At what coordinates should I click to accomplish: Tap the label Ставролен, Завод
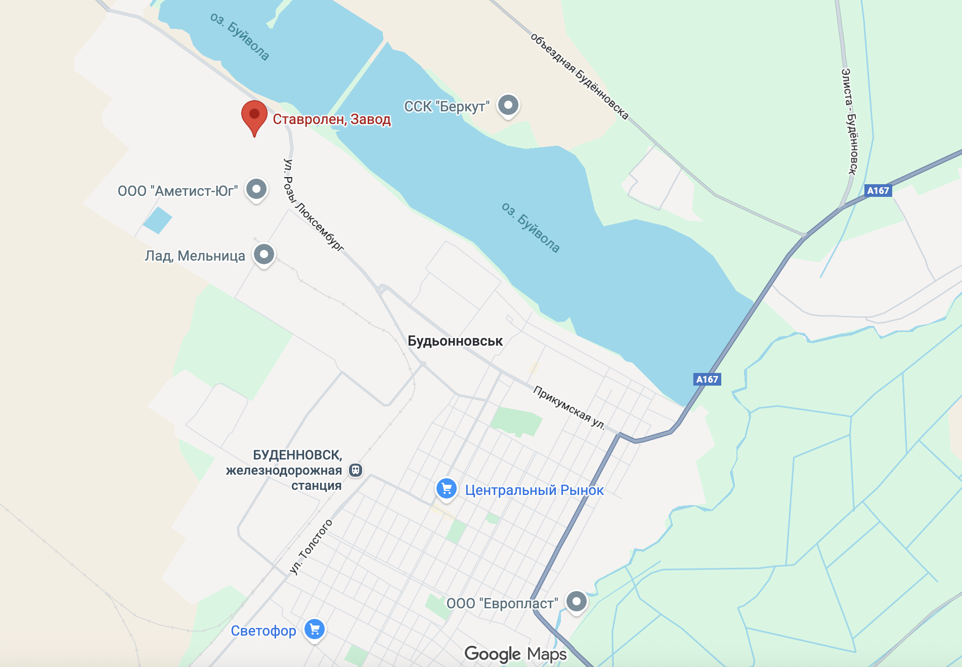pos(332,119)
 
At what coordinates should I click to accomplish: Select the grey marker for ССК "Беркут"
pos(508,105)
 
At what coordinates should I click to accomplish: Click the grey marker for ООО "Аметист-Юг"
pos(256,189)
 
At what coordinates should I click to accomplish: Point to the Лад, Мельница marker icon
pos(264,254)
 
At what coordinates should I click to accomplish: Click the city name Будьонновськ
pos(455,341)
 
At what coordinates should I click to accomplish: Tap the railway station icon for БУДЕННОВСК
pos(356,470)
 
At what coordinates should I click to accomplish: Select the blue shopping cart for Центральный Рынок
pos(447,489)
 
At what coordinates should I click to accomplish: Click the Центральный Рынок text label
pos(534,490)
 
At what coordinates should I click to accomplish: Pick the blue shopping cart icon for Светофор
pos(315,630)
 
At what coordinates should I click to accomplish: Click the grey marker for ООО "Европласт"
pos(576,602)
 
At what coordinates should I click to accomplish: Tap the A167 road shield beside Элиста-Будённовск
pos(878,191)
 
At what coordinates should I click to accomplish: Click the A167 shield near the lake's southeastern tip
pos(707,379)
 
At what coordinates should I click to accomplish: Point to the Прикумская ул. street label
pos(569,407)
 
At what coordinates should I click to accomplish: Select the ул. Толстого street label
pos(311,547)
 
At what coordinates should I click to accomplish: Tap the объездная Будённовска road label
pos(579,76)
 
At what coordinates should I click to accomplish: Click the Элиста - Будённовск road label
pos(849,121)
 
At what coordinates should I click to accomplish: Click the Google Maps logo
pos(515,654)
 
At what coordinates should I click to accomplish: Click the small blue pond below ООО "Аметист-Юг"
pos(157,221)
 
